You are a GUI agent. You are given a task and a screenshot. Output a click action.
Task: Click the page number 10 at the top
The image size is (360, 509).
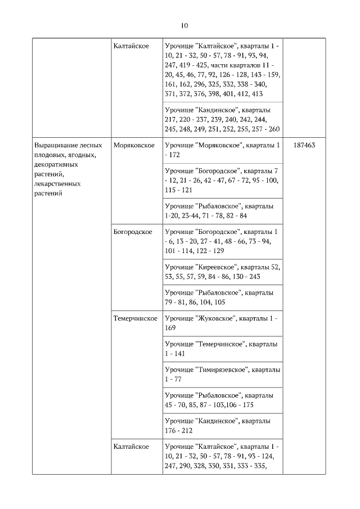point(184,25)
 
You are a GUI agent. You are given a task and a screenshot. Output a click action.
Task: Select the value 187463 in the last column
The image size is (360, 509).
point(304,145)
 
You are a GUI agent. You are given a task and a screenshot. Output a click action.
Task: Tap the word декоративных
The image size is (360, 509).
point(56,164)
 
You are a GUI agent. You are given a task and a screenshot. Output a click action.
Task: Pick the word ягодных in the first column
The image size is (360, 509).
point(81,155)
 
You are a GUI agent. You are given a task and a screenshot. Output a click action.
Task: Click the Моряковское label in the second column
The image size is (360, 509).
point(134,145)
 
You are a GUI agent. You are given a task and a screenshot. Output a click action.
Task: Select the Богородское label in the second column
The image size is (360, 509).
point(133,232)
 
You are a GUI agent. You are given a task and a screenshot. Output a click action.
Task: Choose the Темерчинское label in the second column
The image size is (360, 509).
point(135,318)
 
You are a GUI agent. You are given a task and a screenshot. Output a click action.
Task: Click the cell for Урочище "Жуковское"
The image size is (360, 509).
point(222,323)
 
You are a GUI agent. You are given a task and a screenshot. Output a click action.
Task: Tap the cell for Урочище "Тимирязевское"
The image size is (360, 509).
point(222,374)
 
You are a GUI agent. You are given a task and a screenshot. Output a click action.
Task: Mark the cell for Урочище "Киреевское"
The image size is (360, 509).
point(222,271)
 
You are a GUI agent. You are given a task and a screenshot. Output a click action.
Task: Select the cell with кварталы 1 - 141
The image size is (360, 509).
point(222,348)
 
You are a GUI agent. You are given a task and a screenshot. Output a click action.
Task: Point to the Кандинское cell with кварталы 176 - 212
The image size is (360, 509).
point(222,425)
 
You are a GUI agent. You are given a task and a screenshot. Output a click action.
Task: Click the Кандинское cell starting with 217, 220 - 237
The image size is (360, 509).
point(222,119)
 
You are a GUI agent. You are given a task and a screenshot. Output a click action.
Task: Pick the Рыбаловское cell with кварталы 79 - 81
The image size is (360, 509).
point(222,297)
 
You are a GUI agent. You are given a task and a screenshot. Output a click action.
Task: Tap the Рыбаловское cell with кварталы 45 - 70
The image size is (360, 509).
point(222,399)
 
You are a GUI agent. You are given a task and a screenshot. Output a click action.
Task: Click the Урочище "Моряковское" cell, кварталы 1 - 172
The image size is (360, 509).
point(222,150)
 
